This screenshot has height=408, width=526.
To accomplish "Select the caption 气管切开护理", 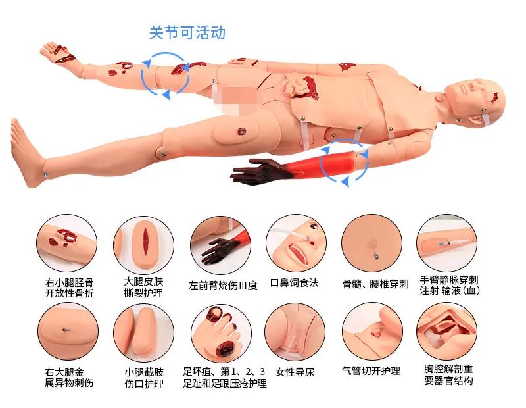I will point(371,372).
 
